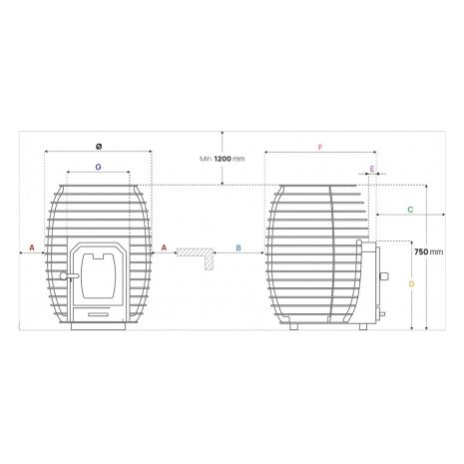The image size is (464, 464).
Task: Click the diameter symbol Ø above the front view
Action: click(99, 147)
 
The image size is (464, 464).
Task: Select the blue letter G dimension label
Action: click(98, 167)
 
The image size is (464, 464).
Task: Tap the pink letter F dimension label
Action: click(320, 148)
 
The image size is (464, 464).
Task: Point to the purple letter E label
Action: click(372, 169)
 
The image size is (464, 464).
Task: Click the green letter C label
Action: click(410, 210)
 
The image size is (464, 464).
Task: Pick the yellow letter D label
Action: click(412, 284)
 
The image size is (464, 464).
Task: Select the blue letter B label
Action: click(238, 247)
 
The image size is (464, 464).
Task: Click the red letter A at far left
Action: click(32, 247)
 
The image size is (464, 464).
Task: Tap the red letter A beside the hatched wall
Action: click(164, 247)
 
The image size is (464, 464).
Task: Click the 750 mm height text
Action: click(429, 251)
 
